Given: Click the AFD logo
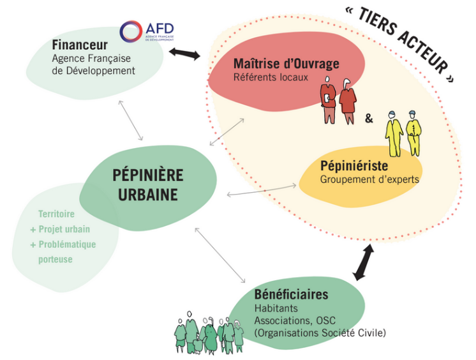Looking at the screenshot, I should pyautogui.click(x=147, y=31).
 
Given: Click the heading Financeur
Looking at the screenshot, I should pyautogui.click(x=80, y=45).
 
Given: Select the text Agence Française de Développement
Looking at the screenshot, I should pyautogui.click(x=93, y=64).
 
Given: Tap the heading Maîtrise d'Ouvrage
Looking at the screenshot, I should pyautogui.click(x=286, y=64).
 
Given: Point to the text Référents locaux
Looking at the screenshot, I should pyautogui.click(x=271, y=77).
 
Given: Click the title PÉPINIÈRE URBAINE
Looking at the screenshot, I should pyautogui.click(x=147, y=184).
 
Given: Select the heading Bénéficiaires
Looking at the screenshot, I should pyautogui.click(x=291, y=294).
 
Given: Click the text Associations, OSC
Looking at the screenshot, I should pyautogui.click(x=295, y=320).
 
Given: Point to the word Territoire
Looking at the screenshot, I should pyautogui.click(x=56, y=215).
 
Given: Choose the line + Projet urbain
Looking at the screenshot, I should pyautogui.click(x=60, y=229).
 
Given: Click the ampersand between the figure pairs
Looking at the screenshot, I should pyautogui.click(x=369, y=118).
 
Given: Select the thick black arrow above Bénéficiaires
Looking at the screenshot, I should pyautogui.click(x=364, y=261).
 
